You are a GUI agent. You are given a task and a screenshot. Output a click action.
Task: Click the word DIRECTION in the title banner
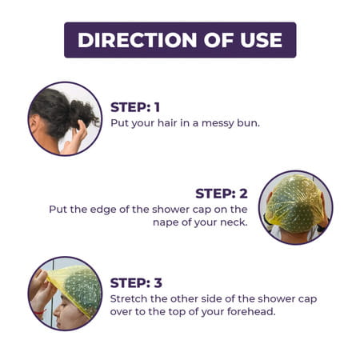tap(138, 40)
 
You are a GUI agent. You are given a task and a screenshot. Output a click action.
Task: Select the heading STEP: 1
tap(135, 107)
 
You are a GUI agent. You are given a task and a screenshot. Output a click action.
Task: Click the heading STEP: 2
tap(222, 194)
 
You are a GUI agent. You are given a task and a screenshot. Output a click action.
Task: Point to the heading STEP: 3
tap(136, 283)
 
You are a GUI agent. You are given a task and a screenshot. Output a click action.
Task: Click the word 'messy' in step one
tap(214, 123)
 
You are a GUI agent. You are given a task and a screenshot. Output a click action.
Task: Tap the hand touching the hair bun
tap(77, 138)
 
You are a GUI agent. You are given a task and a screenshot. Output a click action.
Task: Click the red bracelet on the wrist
tap(40, 312)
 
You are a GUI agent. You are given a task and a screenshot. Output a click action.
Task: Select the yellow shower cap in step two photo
tap(295, 202)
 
